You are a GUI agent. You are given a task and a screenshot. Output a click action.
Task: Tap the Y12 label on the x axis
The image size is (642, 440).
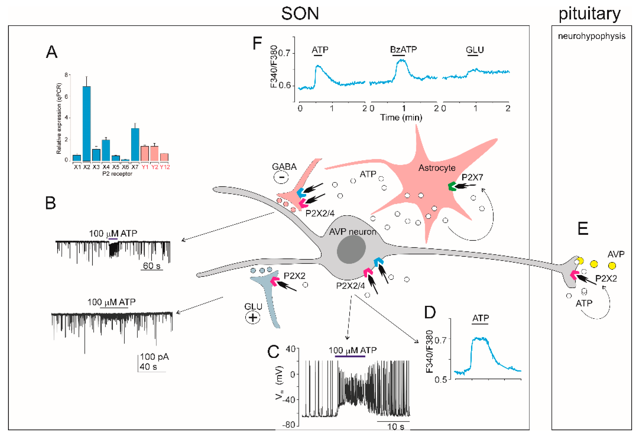(x=165, y=167)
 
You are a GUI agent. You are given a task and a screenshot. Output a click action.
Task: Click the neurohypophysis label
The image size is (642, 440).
(x=592, y=36)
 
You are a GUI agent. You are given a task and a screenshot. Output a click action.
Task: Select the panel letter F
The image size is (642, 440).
(x=257, y=44)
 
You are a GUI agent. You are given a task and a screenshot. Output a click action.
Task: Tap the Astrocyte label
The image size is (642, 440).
(x=437, y=168)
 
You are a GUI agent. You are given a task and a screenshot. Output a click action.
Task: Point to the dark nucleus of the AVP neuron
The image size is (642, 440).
(x=351, y=249)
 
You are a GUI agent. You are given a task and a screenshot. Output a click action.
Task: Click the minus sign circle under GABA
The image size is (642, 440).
(x=281, y=177)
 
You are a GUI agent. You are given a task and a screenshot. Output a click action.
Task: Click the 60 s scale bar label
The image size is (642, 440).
(x=151, y=266)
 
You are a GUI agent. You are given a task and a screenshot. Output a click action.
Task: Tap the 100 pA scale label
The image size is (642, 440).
(x=154, y=357)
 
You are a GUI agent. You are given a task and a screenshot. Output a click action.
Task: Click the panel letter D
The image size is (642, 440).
(x=430, y=313)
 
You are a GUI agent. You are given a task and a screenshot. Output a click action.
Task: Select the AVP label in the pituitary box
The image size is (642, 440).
(x=616, y=254)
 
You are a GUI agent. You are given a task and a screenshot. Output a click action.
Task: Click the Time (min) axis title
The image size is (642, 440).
(x=401, y=118)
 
